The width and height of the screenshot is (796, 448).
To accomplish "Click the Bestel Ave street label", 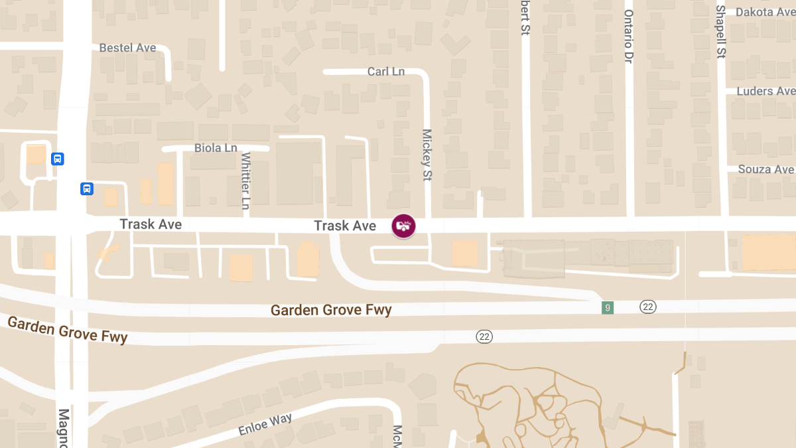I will pos(127,48).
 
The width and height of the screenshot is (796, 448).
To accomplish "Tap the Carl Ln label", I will pos(386,71).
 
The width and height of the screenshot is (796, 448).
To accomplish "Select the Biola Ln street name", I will pos(216,148).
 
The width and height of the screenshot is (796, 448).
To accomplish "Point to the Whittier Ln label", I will pos(245,181).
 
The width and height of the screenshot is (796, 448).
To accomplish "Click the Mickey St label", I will pos(427,155).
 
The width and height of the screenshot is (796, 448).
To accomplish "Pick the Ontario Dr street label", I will pos(629,36).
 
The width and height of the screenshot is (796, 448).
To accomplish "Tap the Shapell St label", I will pos(721,32).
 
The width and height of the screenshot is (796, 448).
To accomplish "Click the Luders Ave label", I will pos(765,91).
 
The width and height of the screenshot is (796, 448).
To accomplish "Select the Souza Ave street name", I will pos(765,169).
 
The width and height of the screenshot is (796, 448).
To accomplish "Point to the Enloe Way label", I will pos(265,424).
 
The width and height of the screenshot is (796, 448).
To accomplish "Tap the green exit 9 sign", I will pos(608,307).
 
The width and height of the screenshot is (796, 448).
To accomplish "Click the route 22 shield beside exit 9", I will pos(648,306).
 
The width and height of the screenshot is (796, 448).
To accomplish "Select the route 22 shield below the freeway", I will pos(484,336).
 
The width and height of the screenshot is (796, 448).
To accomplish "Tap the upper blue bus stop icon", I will pos(58,159).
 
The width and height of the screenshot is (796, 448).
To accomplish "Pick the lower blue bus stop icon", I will pos(87,188).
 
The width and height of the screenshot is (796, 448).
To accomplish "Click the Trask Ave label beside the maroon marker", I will pos(345,226).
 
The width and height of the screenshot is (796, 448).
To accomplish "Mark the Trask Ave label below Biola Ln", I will pos(151,224).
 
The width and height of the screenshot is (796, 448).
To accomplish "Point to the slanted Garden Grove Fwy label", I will pos(68,329).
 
